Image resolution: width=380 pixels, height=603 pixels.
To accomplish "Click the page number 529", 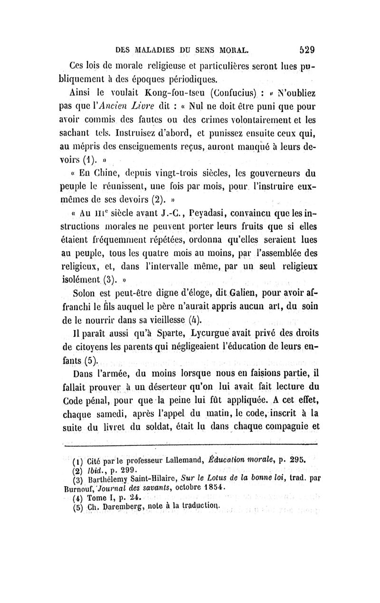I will (308, 49).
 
